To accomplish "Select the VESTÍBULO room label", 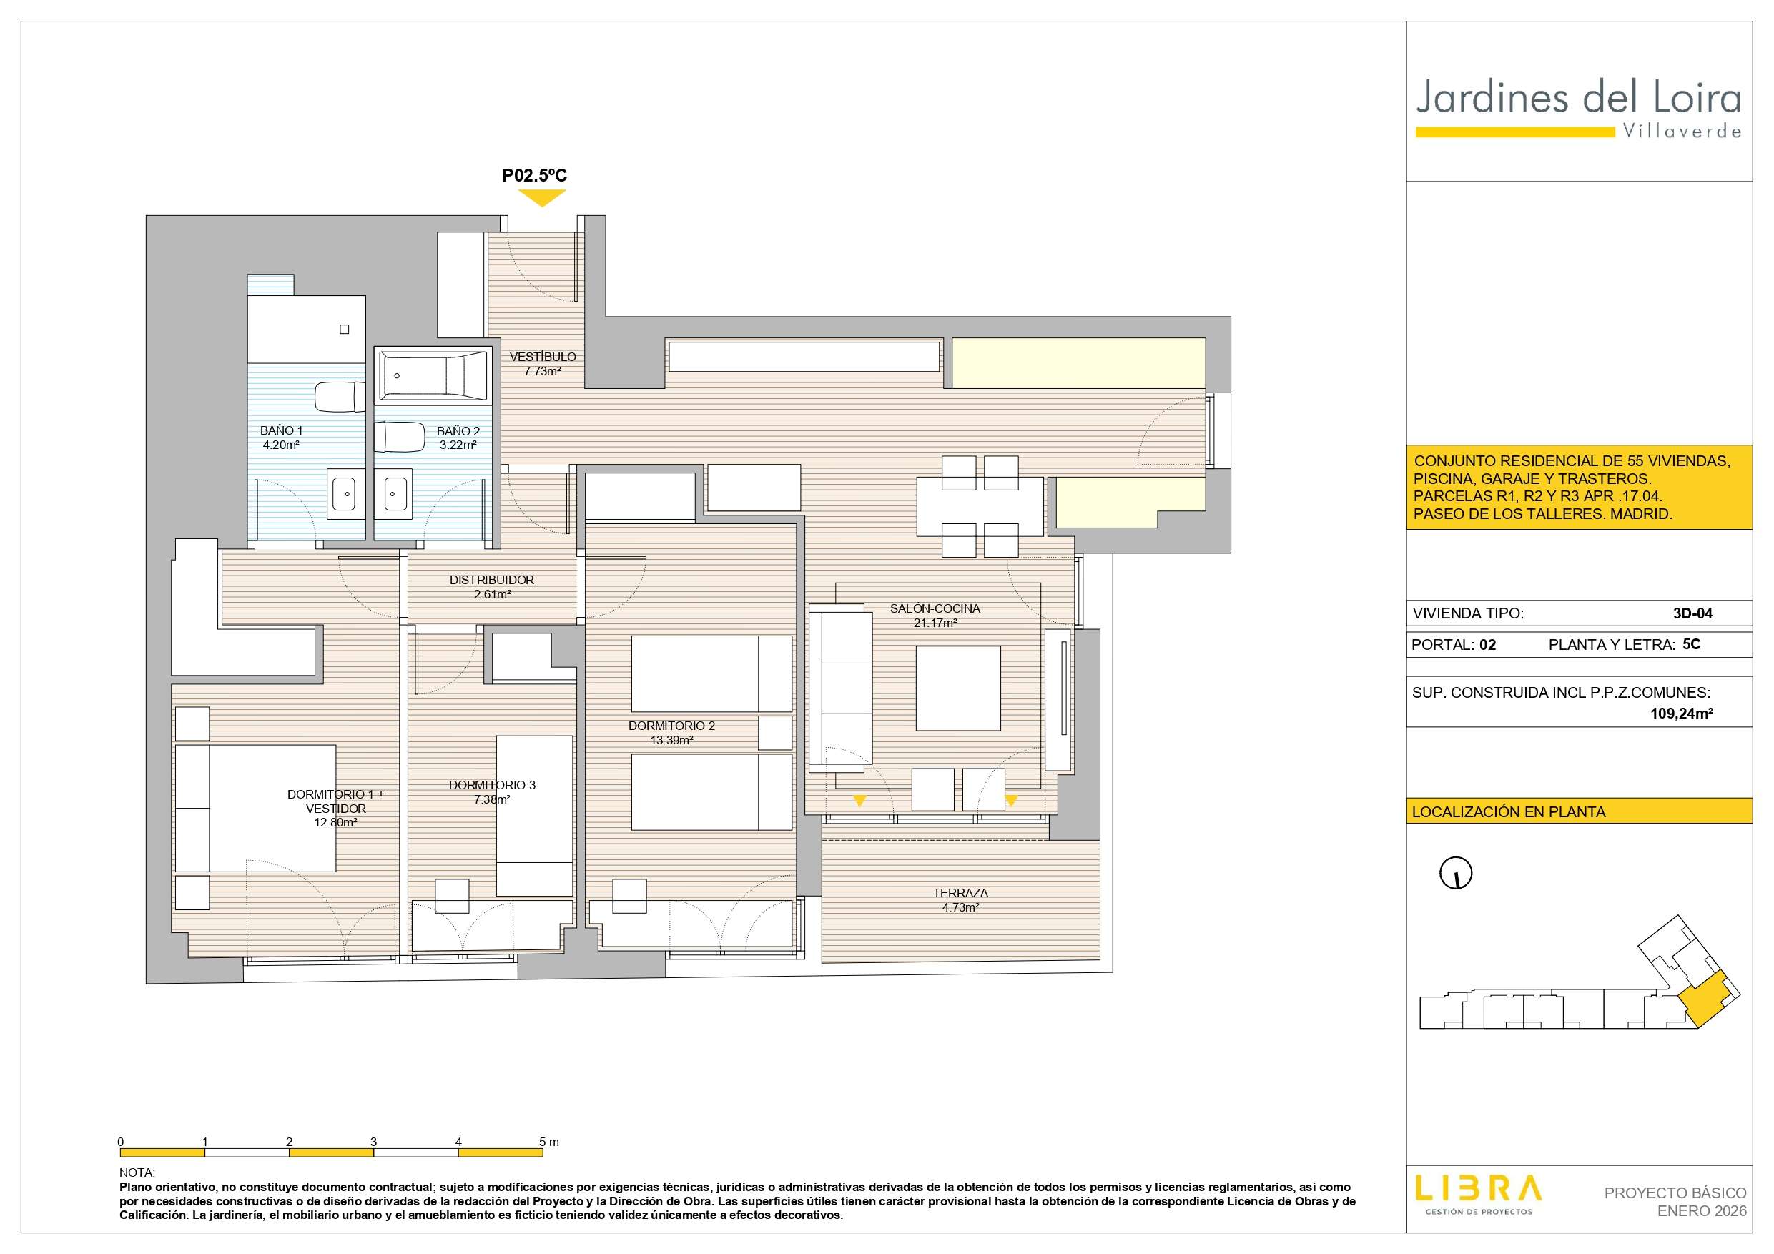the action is point(543,357).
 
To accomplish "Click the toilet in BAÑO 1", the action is point(340,396).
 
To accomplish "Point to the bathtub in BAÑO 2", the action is point(433,375).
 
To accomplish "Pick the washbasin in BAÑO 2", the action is point(396,490).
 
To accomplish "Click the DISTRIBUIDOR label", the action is point(492,580).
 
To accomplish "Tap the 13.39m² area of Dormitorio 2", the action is point(671,740).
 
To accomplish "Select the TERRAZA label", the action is point(960,893).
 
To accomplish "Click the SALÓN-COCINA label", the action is point(935,609).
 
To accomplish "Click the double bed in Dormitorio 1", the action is point(256,808).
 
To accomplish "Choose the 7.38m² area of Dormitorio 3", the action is point(492,800).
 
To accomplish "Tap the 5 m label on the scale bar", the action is point(548,1142).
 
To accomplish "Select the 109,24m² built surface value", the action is point(1681,714).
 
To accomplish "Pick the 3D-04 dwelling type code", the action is point(1693,613).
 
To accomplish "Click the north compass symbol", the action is point(1456,874).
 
